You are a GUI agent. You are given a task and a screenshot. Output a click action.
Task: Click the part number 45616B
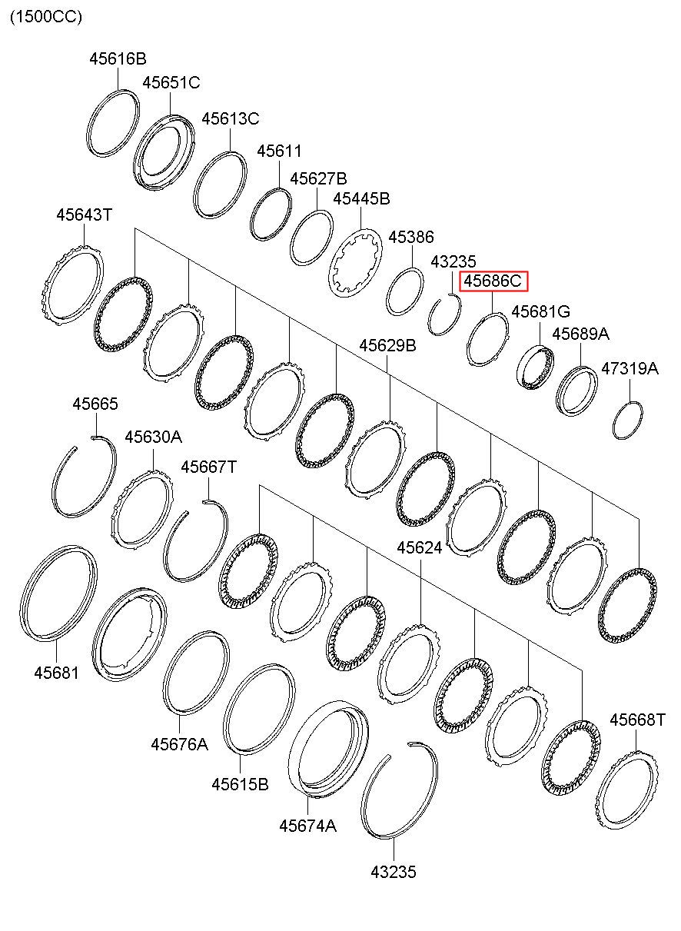point(117,58)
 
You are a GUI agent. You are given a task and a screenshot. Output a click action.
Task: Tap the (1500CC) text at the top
point(45,16)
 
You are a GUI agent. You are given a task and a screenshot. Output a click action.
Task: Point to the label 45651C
point(171,82)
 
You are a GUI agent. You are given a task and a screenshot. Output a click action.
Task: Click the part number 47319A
point(630,369)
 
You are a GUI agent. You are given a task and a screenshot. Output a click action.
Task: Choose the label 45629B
point(388,345)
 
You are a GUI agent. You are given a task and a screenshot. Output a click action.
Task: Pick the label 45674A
point(307,826)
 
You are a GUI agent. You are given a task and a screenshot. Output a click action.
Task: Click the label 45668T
point(637,720)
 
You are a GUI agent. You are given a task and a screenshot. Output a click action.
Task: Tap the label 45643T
point(84,215)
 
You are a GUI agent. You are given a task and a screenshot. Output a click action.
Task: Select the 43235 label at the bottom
point(393,872)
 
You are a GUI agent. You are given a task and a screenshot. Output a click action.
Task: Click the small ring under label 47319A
point(628,421)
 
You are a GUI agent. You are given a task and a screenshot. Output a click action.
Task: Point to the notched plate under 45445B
point(356,262)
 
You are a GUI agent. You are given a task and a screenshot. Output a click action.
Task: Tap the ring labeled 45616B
point(112,123)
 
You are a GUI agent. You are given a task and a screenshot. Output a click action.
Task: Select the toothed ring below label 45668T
point(627,792)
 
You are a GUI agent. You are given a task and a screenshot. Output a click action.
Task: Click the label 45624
point(420,547)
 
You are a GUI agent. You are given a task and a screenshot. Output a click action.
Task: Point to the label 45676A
point(179,743)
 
